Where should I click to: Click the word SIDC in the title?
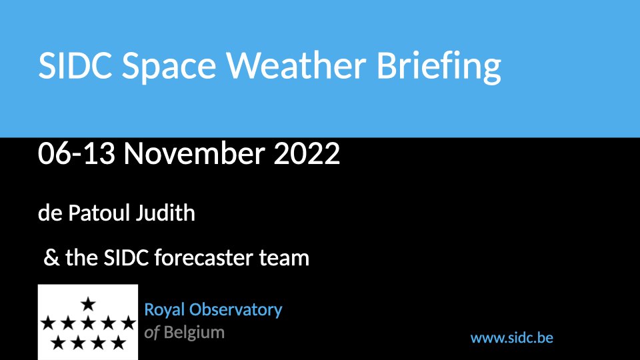point(75,65)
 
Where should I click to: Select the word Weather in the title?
point(296,65)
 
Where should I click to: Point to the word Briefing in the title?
point(439,68)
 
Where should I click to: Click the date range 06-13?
point(76,153)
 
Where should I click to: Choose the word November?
point(195,153)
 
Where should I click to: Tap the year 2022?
point(307,153)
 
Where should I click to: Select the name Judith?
point(165,213)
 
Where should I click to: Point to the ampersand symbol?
point(51,258)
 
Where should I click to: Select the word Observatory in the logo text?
point(235,311)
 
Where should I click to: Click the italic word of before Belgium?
point(151,333)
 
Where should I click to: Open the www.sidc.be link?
point(512,338)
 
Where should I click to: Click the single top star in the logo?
point(88,304)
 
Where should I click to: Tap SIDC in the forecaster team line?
point(126,258)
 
